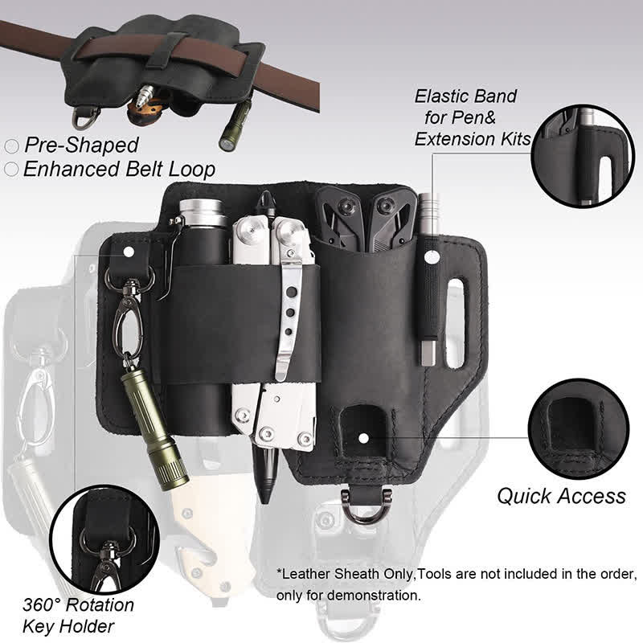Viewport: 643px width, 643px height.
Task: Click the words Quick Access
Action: (560, 495)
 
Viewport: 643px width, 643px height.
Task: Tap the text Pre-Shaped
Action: (80, 145)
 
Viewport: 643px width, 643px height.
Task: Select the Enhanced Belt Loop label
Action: (119, 169)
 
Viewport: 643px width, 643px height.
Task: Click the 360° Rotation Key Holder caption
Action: (78, 615)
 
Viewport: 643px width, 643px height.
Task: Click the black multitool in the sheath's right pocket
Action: (365, 213)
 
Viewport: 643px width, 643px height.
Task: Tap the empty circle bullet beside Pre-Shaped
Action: (12, 146)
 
